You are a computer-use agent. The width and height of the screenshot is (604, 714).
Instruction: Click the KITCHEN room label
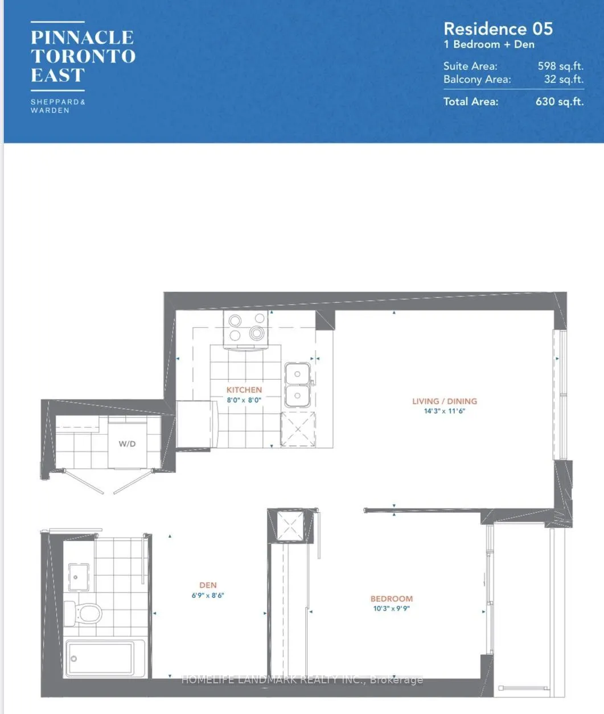click(x=244, y=390)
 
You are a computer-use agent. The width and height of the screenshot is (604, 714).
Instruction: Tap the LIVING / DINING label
click(x=445, y=401)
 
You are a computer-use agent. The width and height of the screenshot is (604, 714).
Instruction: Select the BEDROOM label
click(x=392, y=599)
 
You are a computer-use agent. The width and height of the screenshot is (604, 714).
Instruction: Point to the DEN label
click(x=208, y=585)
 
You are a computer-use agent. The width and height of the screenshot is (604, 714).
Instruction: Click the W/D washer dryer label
click(x=127, y=444)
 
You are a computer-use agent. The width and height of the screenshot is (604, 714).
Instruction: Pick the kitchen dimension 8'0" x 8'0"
click(x=244, y=400)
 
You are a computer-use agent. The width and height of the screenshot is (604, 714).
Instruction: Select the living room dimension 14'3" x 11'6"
click(x=445, y=411)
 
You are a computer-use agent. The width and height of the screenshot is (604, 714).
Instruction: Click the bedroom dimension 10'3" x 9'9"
click(x=392, y=608)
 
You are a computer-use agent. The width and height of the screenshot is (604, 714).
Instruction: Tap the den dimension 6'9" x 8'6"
click(x=208, y=595)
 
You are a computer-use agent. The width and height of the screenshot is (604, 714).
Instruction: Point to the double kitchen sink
click(x=297, y=385)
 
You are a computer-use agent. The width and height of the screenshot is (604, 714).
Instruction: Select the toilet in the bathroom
click(x=83, y=613)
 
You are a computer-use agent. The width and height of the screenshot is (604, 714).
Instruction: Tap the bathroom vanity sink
click(x=77, y=576)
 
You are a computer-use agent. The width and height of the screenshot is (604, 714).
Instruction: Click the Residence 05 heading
click(x=498, y=29)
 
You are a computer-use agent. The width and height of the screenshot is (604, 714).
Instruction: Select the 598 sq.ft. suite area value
click(x=560, y=66)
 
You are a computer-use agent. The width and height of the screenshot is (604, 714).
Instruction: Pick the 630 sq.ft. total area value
click(x=559, y=102)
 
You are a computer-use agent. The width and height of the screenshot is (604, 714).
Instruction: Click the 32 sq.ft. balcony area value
click(x=563, y=80)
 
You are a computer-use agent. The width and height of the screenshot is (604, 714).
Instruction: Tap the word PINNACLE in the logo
click(x=83, y=38)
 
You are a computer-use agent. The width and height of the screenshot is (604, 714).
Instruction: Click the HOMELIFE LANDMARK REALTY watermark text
click(x=302, y=679)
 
